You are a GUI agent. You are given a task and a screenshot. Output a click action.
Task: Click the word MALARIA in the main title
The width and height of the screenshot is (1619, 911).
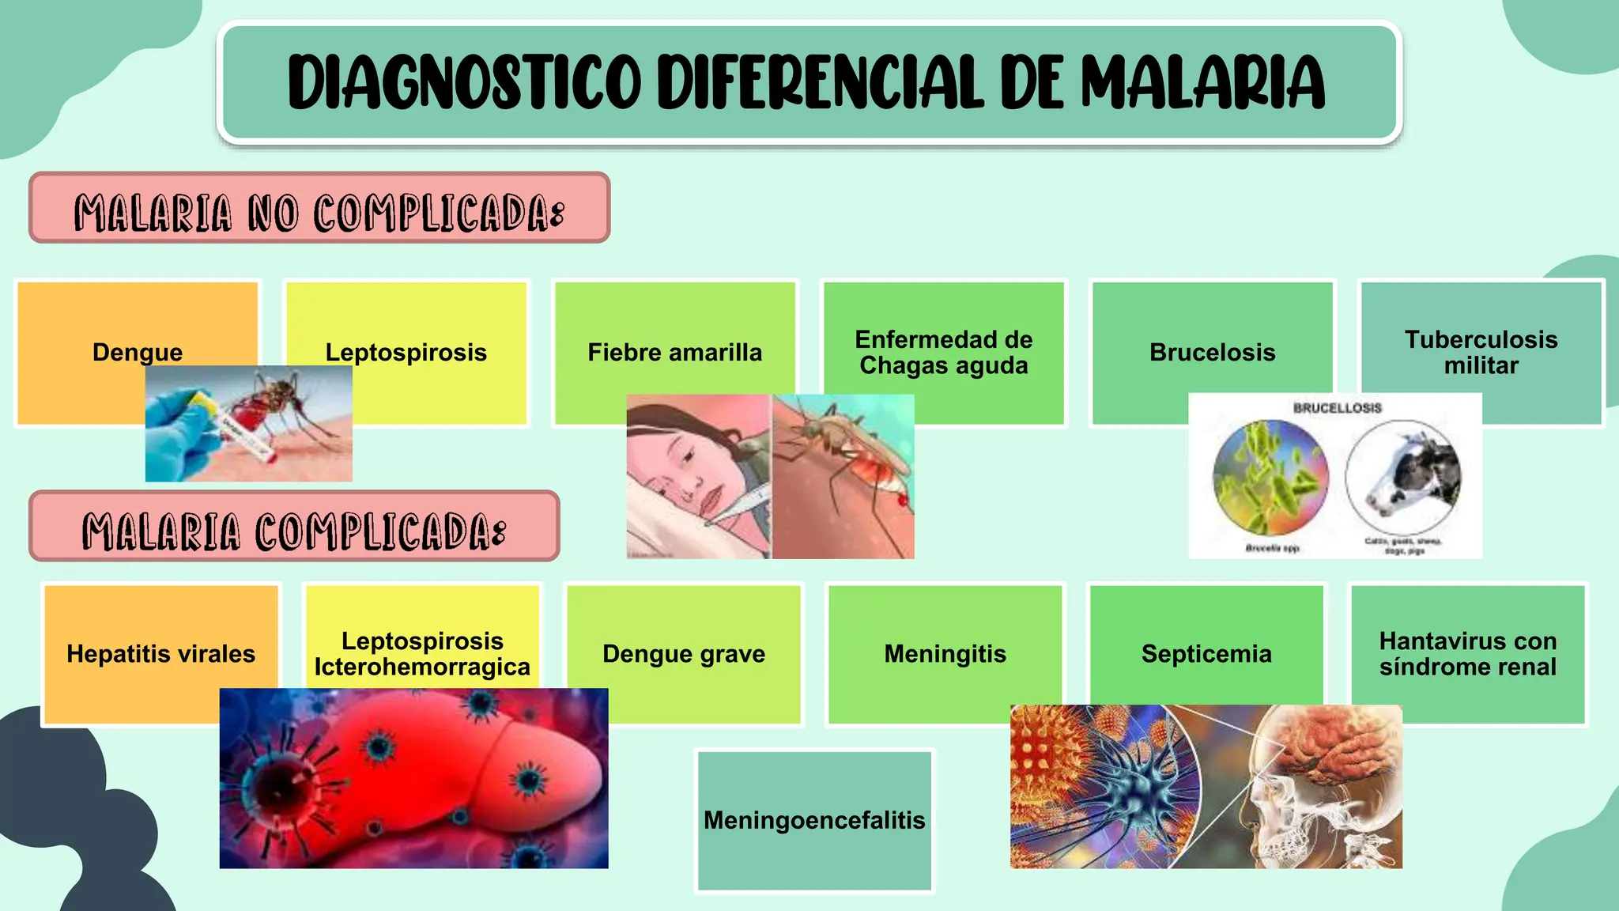point(1202,82)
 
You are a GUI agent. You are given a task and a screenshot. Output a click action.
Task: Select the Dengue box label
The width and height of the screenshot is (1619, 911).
point(138,352)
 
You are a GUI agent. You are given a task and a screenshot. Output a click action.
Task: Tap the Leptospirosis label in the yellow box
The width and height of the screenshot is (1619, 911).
point(406,352)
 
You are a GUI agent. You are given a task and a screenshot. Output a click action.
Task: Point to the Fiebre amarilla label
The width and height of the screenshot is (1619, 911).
point(674,352)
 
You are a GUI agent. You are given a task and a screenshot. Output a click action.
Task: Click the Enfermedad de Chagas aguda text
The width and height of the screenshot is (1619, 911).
point(943,353)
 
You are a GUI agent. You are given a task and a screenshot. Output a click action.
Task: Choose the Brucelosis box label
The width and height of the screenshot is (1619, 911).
point(1212,352)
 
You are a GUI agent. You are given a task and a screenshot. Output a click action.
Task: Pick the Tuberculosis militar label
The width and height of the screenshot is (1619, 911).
point(1481,353)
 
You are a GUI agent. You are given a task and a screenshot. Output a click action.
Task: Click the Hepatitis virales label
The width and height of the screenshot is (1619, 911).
point(160,654)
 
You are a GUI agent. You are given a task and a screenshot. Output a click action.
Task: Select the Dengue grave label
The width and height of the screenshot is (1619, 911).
point(684,654)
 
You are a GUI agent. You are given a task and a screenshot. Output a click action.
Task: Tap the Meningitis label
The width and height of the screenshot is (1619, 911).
point(945,654)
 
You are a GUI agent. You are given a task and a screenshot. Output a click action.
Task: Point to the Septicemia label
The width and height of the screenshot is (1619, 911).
point(1206,654)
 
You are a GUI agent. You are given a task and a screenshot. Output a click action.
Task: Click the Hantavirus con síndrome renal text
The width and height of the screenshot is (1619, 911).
point(1468,654)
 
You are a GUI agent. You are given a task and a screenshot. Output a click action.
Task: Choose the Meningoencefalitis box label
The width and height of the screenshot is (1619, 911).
point(814,820)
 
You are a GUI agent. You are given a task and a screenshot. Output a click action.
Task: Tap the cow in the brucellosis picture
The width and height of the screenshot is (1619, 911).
point(1407,478)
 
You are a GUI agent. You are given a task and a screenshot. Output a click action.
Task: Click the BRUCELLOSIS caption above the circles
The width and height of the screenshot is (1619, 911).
point(1337,408)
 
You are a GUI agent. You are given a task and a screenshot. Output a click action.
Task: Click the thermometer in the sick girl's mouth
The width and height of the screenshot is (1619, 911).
point(739,506)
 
